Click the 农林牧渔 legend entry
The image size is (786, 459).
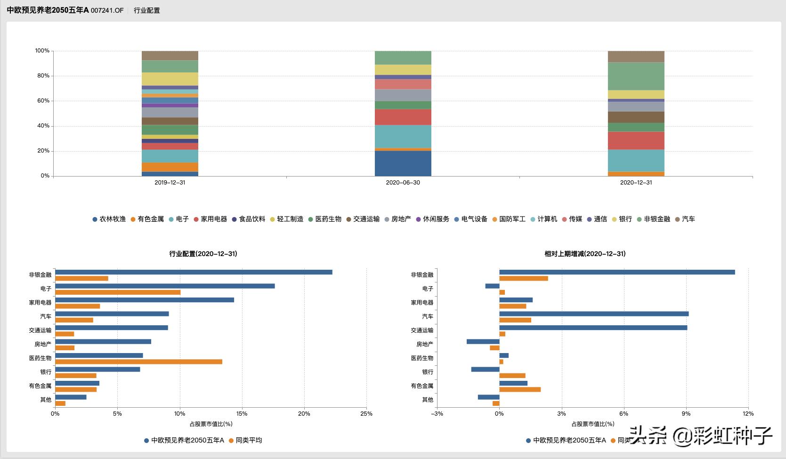pos(109,219)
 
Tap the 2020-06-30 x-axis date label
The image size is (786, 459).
pos(403,183)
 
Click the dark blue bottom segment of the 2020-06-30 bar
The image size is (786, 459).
pos(403,163)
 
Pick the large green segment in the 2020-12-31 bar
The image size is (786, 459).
pos(636,76)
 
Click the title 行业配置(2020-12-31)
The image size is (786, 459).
pos(203,254)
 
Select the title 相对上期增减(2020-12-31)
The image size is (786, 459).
pos(585,254)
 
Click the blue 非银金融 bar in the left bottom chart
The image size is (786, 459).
pos(194,272)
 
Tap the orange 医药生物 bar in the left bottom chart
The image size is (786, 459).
pos(138,362)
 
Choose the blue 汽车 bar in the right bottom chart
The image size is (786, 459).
pos(593,314)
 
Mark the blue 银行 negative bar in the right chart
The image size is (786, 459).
pos(485,370)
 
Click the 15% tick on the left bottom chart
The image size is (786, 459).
pos(242,414)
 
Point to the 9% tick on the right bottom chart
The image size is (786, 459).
pos(686,414)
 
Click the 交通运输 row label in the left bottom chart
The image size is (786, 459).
pos(40,330)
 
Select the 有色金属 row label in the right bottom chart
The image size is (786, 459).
pos(422,386)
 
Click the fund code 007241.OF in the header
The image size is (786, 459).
pos(107,10)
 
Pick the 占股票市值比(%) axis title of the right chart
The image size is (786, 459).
pos(593,424)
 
